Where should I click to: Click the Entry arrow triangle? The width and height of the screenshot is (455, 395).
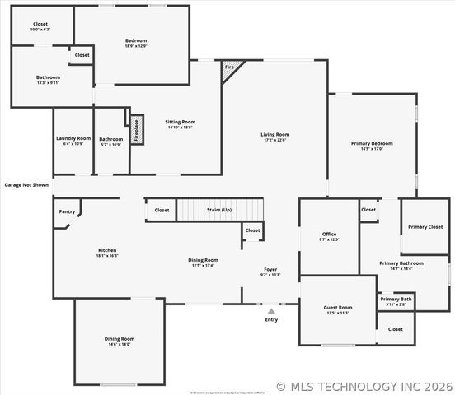(x=271, y=311)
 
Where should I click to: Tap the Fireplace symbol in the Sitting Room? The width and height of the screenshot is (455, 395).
(x=137, y=129)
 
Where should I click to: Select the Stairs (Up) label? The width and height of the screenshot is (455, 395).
(x=218, y=210)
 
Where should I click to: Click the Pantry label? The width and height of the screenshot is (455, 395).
(x=68, y=211)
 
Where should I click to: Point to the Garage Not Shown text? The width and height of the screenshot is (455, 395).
(x=26, y=185)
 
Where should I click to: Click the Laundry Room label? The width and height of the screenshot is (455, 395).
(x=73, y=139)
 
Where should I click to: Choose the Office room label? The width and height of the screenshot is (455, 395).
(x=328, y=234)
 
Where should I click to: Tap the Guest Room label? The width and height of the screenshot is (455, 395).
(x=338, y=307)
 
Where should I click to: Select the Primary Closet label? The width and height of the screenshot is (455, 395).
(x=425, y=226)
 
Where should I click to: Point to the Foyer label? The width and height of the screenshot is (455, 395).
(x=270, y=269)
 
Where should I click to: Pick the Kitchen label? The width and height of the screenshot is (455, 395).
(x=107, y=250)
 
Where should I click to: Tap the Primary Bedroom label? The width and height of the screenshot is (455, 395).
(x=372, y=143)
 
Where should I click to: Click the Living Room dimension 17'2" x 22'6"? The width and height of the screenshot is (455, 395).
(x=274, y=140)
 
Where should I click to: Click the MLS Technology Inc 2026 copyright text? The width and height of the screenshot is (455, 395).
(x=364, y=385)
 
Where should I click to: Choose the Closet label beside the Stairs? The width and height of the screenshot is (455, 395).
(x=162, y=210)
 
